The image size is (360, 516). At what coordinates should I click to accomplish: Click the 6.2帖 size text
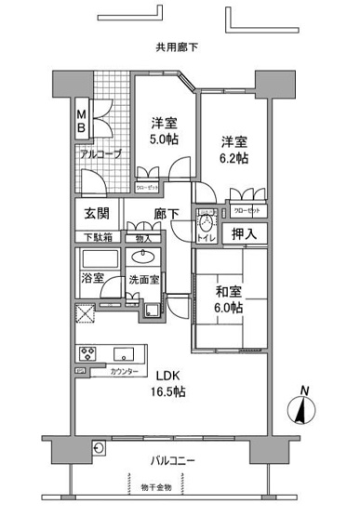(233, 158)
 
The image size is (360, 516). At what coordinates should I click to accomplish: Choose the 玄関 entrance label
(96, 214)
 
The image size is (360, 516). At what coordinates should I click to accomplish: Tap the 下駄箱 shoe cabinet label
(96, 237)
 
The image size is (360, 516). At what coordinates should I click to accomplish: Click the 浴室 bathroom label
(92, 277)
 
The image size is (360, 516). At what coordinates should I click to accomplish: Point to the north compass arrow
(300, 406)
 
